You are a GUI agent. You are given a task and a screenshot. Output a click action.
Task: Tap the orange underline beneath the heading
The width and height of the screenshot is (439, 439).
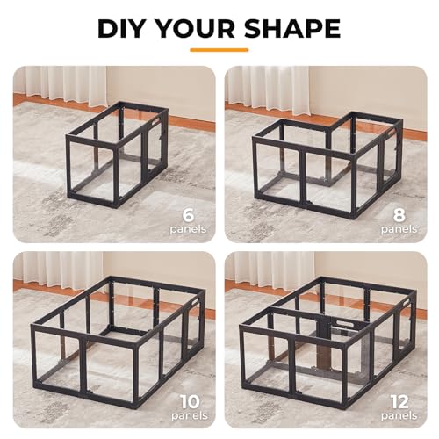219,50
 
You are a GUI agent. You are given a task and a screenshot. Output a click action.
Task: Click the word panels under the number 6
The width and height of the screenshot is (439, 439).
189,229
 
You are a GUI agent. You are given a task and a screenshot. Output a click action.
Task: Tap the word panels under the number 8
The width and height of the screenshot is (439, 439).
401,229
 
